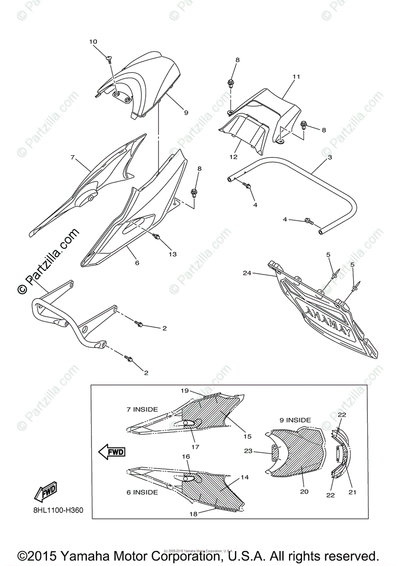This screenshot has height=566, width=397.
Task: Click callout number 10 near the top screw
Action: coord(93,42)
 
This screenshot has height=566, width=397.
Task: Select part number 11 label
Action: coord(296,76)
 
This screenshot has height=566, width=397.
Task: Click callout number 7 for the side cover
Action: coord(73,158)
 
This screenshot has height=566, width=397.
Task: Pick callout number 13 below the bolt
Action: coord(172,254)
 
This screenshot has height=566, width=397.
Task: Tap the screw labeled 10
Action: coord(110,59)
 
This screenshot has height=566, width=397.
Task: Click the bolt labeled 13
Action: coord(157,237)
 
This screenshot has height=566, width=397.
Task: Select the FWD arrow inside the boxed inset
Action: coord(112,452)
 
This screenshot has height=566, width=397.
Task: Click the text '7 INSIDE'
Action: coord(142,409)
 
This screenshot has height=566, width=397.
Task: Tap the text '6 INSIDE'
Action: coord(141,492)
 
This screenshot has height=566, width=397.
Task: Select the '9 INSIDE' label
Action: coord(295,420)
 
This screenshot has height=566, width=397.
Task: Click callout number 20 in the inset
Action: coord(304,491)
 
